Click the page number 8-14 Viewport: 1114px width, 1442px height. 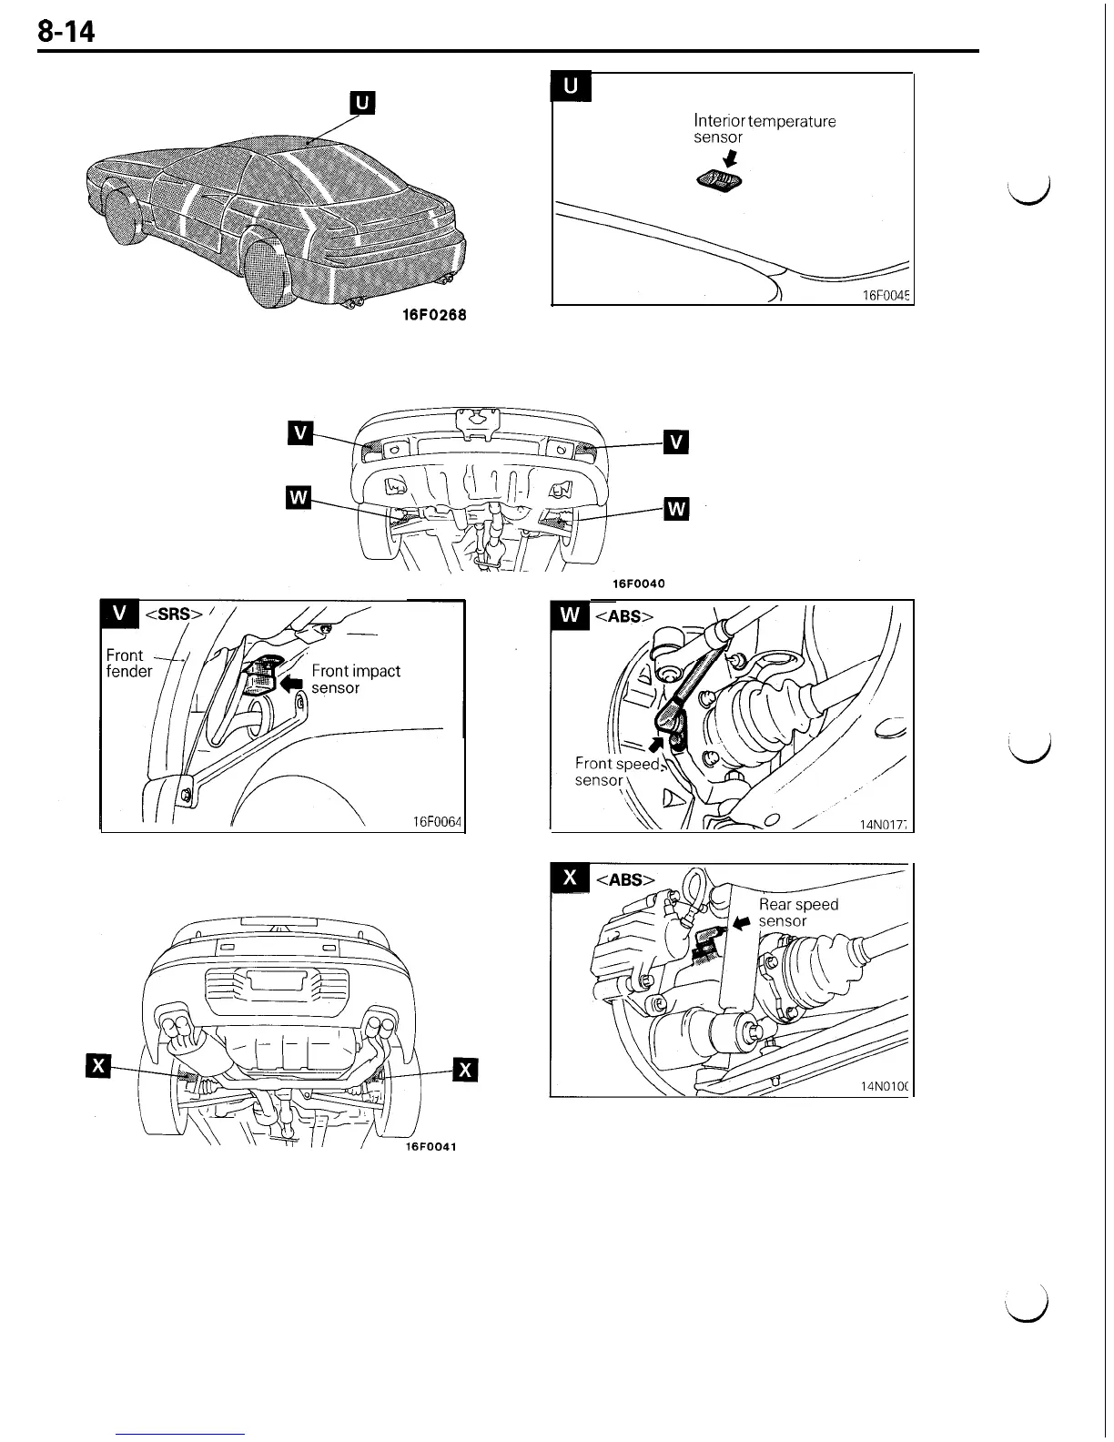pyautogui.click(x=66, y=33)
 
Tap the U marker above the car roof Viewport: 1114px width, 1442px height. pyautogui.click(x=362, y=104)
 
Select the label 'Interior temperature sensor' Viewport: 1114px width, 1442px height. pyautogui.click(x=764, y=128)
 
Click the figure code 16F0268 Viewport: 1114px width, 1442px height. pyautogui.click(x=434, y=315)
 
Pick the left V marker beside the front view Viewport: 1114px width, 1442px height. pyautogui.click(x=299, y=433)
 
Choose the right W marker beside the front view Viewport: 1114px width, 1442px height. pyautogui.click(x=676, y=509)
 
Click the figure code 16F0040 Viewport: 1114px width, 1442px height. pyautogui.click(x=638, y=584)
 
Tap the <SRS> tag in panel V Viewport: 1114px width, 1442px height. pyautogui.click(x=172, y=614)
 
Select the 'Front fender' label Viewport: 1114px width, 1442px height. pyautogui.click(x=128, y=663)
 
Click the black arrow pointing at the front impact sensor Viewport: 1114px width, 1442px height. pyautogui.click(x=293, y=682)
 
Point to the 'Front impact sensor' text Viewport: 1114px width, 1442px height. pyautogui.click(x=355, y=679)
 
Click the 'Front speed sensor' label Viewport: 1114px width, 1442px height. pyautogui.click(x=616, y=772)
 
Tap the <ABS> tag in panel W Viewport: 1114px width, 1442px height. pyautogui.click(x=623, y=616)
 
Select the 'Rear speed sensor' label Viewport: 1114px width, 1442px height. pyautogui.click(x=797, y=912)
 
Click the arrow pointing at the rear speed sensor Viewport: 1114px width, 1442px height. pyautogui.click(x=743, y=922)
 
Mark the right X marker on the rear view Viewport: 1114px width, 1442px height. pyautogui.click(x=465, y=1070)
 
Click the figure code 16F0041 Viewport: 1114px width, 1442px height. pyautogui.click(x=430, y=1146)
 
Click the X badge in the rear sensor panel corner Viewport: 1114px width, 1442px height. pyautogui.click(x=571, y=878)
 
